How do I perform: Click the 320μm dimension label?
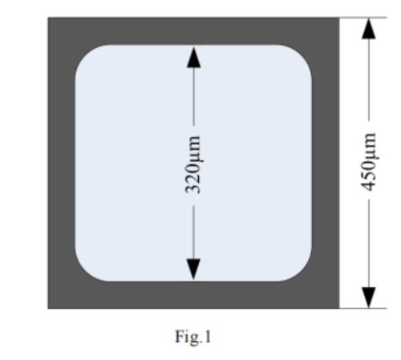click(193, 164)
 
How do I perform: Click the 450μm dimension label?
click(369, 162)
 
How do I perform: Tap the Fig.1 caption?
click(193, 337)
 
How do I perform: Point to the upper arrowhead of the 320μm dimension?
click(193, 57)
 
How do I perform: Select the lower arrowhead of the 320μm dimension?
click(193, 269)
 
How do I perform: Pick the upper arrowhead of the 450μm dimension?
click(369, 29)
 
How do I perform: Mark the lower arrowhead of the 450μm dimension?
click(369, 297)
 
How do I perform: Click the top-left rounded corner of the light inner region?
click(85, 55)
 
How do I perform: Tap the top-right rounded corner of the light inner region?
click(302, 55)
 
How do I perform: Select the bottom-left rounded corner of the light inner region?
click(85, 272)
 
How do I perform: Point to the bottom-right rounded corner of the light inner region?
click(302, 272)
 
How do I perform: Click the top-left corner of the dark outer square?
click(48, 18)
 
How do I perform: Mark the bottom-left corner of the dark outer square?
click(48, 309)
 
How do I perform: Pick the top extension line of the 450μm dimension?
click(363, 18)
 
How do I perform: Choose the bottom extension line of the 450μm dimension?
click(363, 309)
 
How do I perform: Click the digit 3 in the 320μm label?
click(193, 188)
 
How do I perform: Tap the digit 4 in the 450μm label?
click(369, 186)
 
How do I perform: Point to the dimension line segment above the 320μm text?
click(193, 96)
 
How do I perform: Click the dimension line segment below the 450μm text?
click(369, 243)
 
